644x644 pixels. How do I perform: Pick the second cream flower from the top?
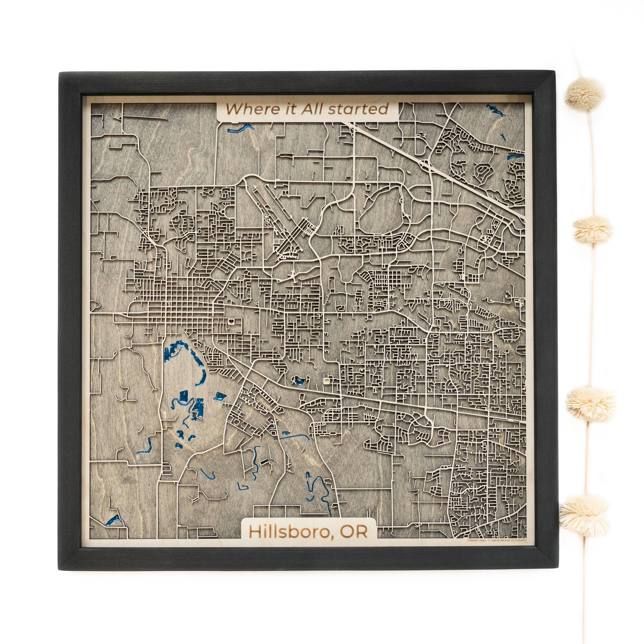pos(593,229)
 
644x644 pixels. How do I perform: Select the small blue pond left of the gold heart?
pos(297,380)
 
